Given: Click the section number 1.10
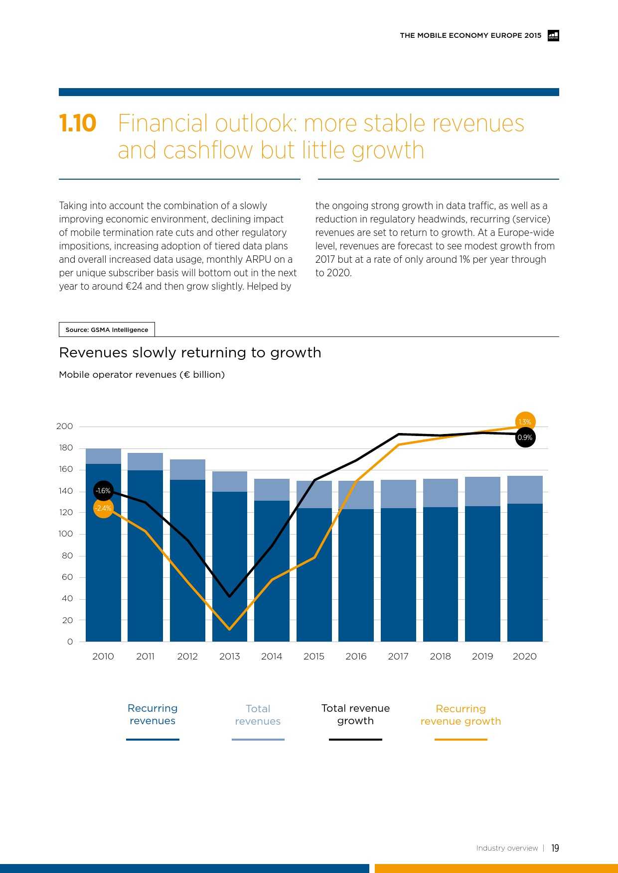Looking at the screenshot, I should pyautogui.click(x=77, y=123).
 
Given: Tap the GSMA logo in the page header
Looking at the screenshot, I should pyautogui.click(x=553, y=35).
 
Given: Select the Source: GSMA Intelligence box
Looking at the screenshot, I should pyautogui.click(x=107, y=329).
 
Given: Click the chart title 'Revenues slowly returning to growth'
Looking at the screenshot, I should pyautogui.click(x=190, y=352).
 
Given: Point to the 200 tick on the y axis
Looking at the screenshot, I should pyautogui.click(x=65, y=426).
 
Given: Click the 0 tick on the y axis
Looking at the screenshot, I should pyautogui.click(x=70, y=642).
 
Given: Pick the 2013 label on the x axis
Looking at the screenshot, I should pyautogui.click(x=229, y=656).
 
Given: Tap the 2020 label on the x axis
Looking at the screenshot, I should pyautogui.click(x=524, y=656).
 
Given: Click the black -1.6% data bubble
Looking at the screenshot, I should pyautogui.click(x=103, y=491).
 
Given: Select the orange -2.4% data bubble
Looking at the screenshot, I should pyautogui.click(x=103, y=508).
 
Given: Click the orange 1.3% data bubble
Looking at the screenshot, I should pyautogui.click(x=525, y=422).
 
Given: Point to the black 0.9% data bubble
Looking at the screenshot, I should pyautogui.click(x=525, y=437).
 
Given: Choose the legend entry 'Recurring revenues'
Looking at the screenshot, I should pyautogui.click(x=153, y=715).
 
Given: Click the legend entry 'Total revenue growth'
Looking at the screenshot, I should pyautogui.click(x=355, y=715).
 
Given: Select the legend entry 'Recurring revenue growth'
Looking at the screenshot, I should pyautogui.click(x=461, y=715).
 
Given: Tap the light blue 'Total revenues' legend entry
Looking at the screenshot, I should pyautogui.click(x=258, y=715).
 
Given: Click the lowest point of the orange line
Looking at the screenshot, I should pyautogui.click(x=229, y=629).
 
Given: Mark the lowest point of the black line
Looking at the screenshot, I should pyautogui.click(x=229, y=596).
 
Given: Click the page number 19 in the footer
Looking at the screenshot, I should pyautogui.click(x=555, y=848).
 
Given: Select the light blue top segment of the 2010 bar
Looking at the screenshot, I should pyautogui.click(x=103, y=456).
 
